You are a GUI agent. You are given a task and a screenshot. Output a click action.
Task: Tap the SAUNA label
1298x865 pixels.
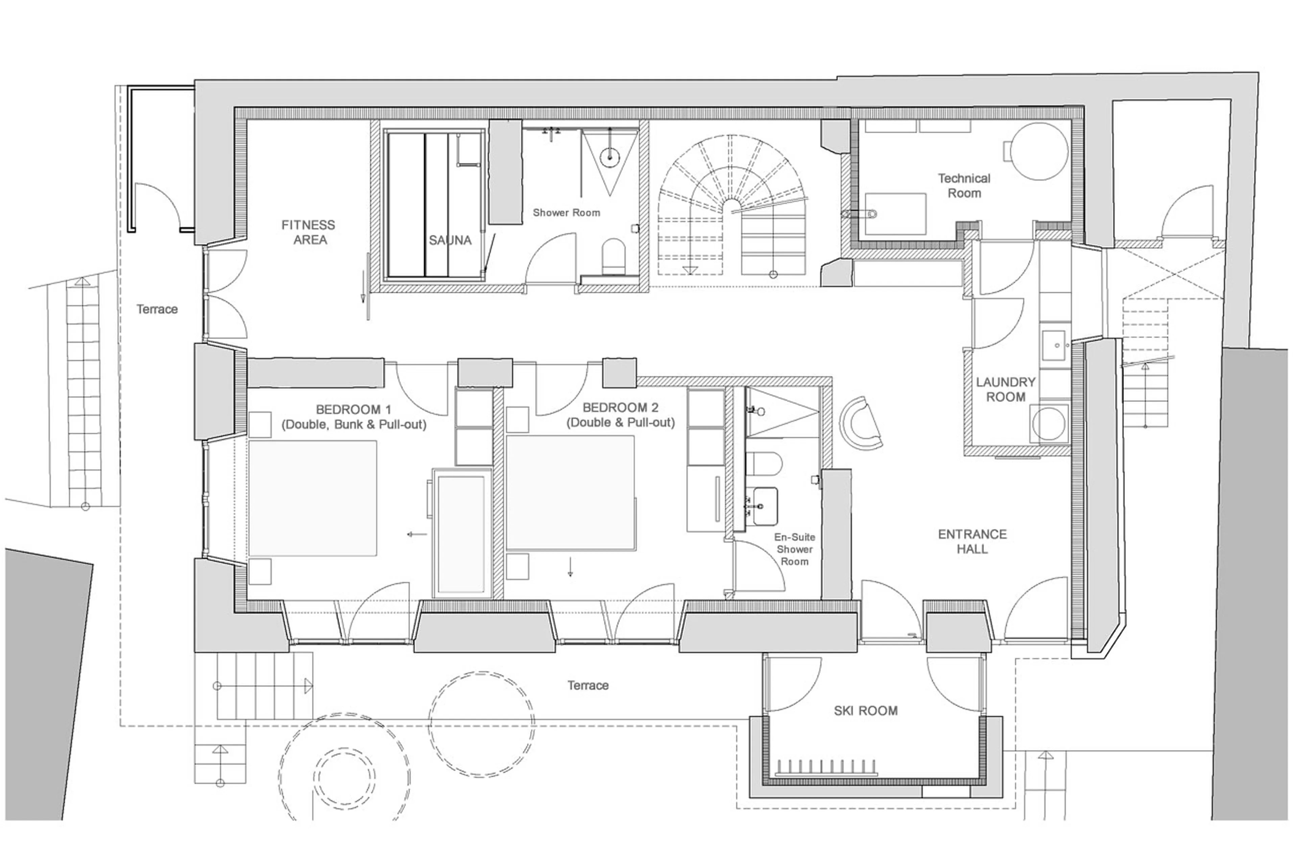[x=450, y=241]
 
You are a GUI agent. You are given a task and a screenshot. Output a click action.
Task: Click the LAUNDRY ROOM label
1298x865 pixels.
[x=1005, y=389]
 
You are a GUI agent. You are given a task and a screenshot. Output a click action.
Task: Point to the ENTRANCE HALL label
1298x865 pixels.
[x=972, y=541]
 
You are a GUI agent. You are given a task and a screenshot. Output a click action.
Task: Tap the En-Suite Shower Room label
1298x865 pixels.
[x=794, y=549]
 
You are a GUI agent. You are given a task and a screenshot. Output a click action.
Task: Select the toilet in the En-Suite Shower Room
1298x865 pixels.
[x=764, y=463]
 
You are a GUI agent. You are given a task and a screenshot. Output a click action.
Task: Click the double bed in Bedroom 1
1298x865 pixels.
[x=313, y=498]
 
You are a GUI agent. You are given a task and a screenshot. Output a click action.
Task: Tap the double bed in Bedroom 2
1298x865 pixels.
[x=570, y=492]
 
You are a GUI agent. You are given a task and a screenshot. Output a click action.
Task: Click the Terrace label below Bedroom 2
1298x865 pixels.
[x=588, y=685]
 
